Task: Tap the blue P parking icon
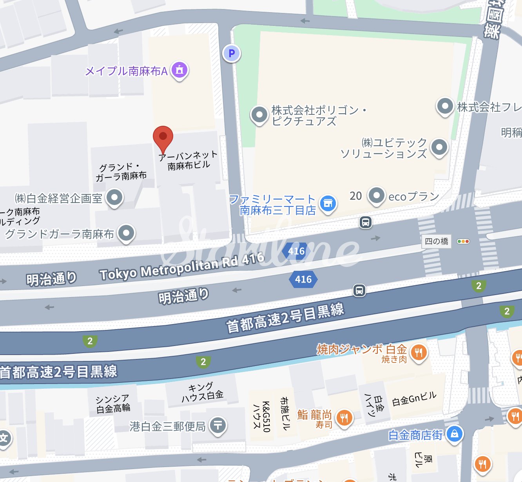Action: [x=232, y=53]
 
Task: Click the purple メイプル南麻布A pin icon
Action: [x=179, y=71]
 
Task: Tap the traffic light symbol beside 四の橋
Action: [x=463, y=241]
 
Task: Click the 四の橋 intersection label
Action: [x=437, y=241]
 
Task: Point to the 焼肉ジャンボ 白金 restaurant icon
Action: [x=419, y=353]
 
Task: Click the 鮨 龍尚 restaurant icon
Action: [x=344, y=418]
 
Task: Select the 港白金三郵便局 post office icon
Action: [x=218, y=425]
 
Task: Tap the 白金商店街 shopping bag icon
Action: [x=454, y=434]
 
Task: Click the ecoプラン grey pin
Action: [x=376, y=195]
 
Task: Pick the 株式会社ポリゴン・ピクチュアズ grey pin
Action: [x=259, y=115]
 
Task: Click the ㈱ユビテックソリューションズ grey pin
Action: [x=439, y=148]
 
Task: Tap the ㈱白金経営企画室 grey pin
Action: [x=114, y=198]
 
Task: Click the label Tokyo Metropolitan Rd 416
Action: [x=182, y=266]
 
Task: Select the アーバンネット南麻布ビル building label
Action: [x=188, y=160]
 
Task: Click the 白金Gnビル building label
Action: [x=414, y=399]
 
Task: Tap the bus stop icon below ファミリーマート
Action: [x=365, y=223]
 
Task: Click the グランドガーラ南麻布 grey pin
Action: [x=126, y=233]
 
